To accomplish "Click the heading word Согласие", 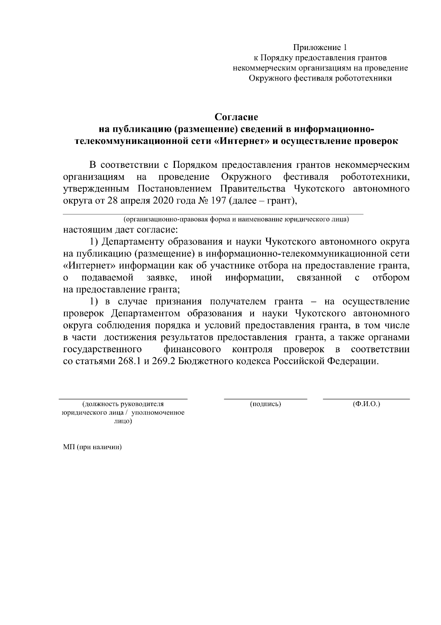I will pos(236,117).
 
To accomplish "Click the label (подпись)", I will pos(265,404).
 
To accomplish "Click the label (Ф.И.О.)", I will pos(366,404).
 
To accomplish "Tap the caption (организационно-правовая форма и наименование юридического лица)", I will pos(236,220).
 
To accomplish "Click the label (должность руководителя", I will pos(122,404).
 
